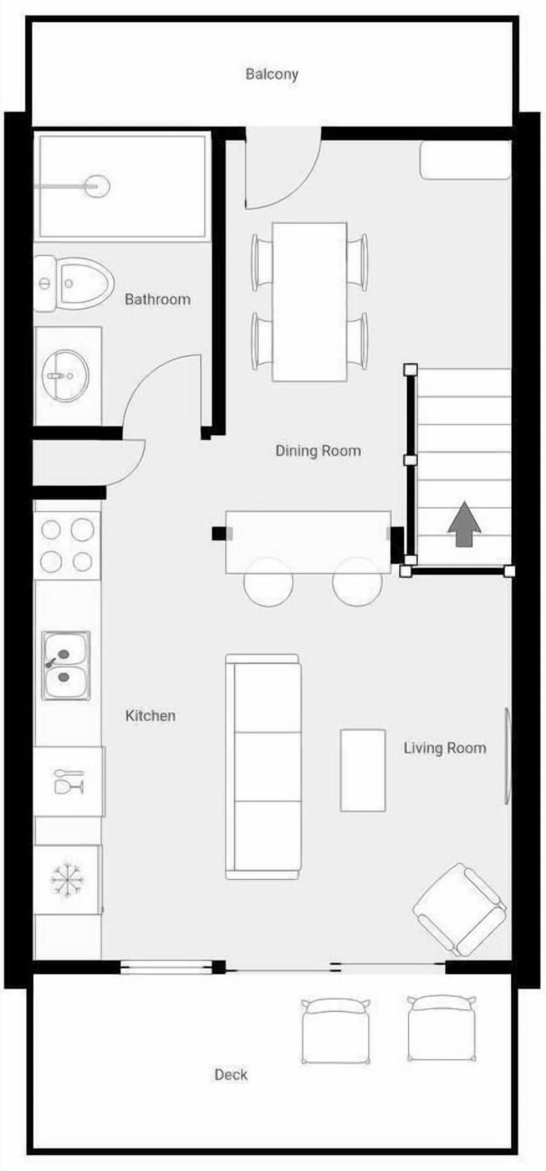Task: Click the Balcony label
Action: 272,74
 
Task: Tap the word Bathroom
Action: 158,299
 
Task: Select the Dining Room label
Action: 318,451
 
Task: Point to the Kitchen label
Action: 150,715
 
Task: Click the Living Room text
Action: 445,748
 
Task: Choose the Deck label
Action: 231,1074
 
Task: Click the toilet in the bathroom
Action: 74,283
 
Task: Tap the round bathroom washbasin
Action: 66,375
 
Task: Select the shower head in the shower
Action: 96,185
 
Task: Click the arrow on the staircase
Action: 464,524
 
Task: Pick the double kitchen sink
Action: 66,665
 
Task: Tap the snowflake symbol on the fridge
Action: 67,880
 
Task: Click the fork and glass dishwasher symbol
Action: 69,782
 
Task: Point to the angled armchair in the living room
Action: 460,910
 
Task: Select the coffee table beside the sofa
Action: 363,770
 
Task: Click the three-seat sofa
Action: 263,767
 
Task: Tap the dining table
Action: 309,302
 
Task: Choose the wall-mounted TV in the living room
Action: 507,756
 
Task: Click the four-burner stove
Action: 67,545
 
